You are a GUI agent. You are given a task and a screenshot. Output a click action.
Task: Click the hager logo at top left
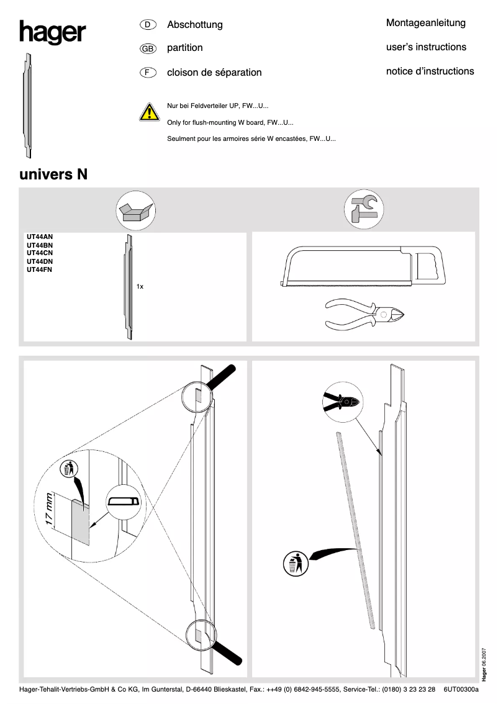[52, 32]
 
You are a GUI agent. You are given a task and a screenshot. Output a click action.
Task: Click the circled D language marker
[147, 25]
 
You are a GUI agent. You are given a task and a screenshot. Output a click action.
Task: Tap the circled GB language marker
[148, 48]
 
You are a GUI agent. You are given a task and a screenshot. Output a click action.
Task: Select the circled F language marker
[147, 72]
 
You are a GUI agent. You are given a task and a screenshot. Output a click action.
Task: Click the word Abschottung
[195, 25]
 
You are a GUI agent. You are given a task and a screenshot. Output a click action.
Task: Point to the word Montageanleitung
[425, 23]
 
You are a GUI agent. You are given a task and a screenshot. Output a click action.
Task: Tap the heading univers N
[53, 174]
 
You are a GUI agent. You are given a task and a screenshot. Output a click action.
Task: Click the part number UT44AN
[40, 237]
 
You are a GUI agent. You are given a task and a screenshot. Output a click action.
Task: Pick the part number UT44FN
[40, 270]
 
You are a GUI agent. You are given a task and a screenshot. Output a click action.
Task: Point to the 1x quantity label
[140, 287]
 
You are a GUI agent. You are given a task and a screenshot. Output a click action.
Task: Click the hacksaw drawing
[363, 267]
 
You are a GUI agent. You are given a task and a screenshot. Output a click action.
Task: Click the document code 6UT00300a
[461, 689]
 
